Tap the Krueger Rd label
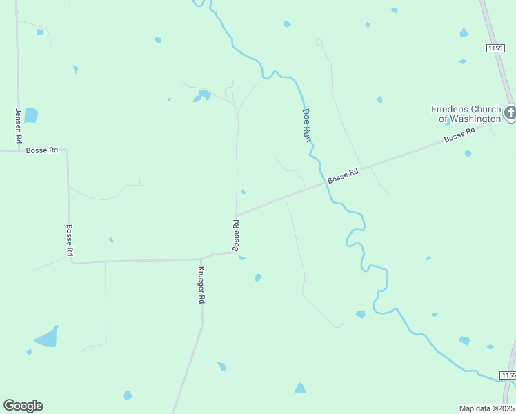201,285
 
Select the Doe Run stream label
307,125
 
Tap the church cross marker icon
510,112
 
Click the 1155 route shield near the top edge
494,48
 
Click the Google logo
23,406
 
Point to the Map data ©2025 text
486,408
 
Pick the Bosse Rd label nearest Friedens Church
460,135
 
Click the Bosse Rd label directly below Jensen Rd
42,150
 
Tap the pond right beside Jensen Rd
31,115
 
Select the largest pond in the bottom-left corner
47,337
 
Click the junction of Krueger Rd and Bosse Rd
201,259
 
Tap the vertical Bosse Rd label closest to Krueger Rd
236,235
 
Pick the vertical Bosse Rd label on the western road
69,240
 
